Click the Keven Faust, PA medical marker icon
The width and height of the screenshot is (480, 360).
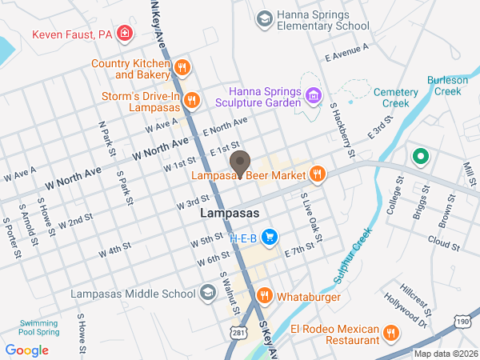(124, 34)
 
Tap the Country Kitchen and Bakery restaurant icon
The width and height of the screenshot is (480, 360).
(182, 69)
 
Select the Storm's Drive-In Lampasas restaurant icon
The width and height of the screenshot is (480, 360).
(191, 101)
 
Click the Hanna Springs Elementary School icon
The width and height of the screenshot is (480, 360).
(263, 18)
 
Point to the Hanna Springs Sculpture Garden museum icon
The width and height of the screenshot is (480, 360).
(314, 98)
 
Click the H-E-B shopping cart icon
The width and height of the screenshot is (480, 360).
(270, 238)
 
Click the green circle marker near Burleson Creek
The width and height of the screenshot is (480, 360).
(418, 156)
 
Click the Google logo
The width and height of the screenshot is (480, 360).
(26, 350)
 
